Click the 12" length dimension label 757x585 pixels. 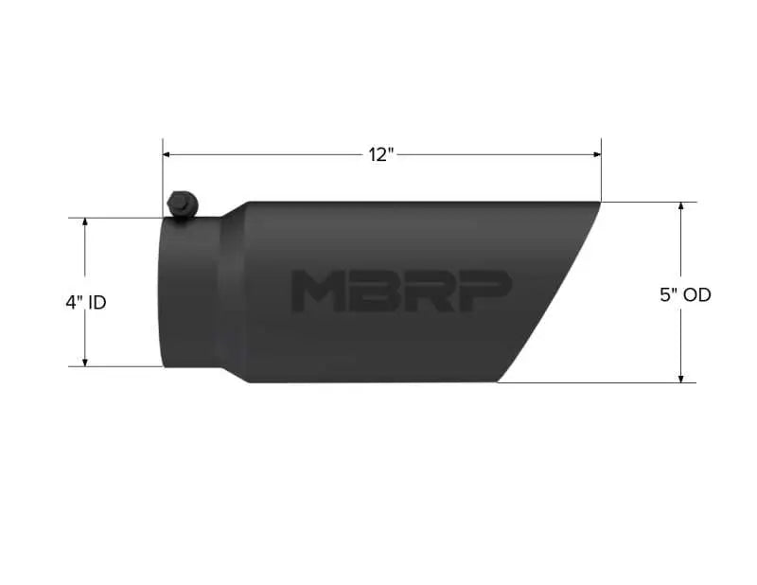coord(381,155)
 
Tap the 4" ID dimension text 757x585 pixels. coord(86,303)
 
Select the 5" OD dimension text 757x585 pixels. coord(685,295)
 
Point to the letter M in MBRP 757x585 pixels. coord(316,291)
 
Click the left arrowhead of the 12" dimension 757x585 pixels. coord(167,154)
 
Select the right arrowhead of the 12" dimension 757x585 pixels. coord(597,154)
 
